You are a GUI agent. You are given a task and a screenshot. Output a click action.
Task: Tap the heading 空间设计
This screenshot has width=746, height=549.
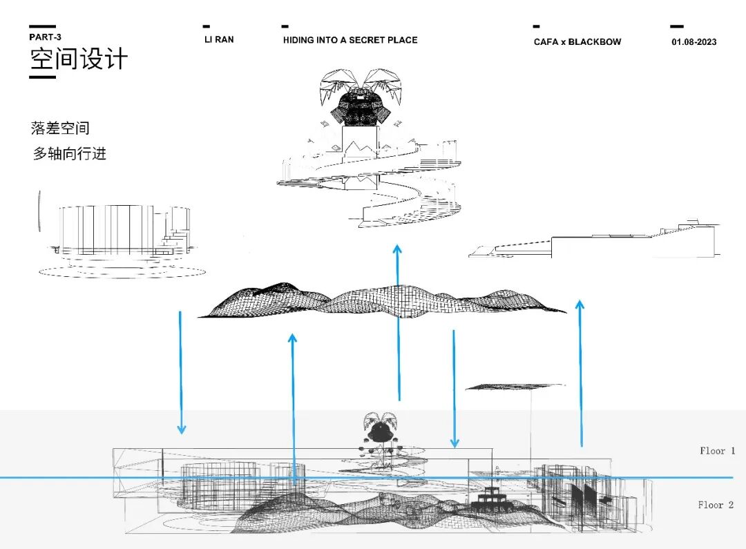click(x=78, y=59)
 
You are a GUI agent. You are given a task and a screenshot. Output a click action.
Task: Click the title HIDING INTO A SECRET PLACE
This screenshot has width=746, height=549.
click(x=350, y=40)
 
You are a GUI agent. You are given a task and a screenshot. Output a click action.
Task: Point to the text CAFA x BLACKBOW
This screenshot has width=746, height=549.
click(x=577, y=41)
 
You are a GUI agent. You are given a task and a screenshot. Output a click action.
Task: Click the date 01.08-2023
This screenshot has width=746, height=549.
click(x=694, y=41)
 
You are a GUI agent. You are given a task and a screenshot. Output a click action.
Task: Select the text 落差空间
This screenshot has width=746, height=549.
click(x=60, y=128)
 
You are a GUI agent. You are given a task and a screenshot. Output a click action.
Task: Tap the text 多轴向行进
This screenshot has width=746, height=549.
click(x=70, y=153)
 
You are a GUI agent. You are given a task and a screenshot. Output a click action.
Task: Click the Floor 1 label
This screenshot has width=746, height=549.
click(x=717, y=450)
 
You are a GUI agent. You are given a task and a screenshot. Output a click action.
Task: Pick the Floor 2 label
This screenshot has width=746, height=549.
click(x=716, y=505)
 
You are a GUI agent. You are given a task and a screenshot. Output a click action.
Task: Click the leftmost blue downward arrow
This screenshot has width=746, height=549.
click(x=181, y=373)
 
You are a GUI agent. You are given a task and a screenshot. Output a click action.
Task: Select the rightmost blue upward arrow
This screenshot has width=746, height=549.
click(x=580, y=373)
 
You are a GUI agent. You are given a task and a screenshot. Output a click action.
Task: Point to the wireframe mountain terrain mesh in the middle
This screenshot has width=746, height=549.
click(x=380, y=300)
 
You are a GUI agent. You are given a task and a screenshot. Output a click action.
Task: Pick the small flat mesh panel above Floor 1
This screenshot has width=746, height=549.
click(x=515, y=387)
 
